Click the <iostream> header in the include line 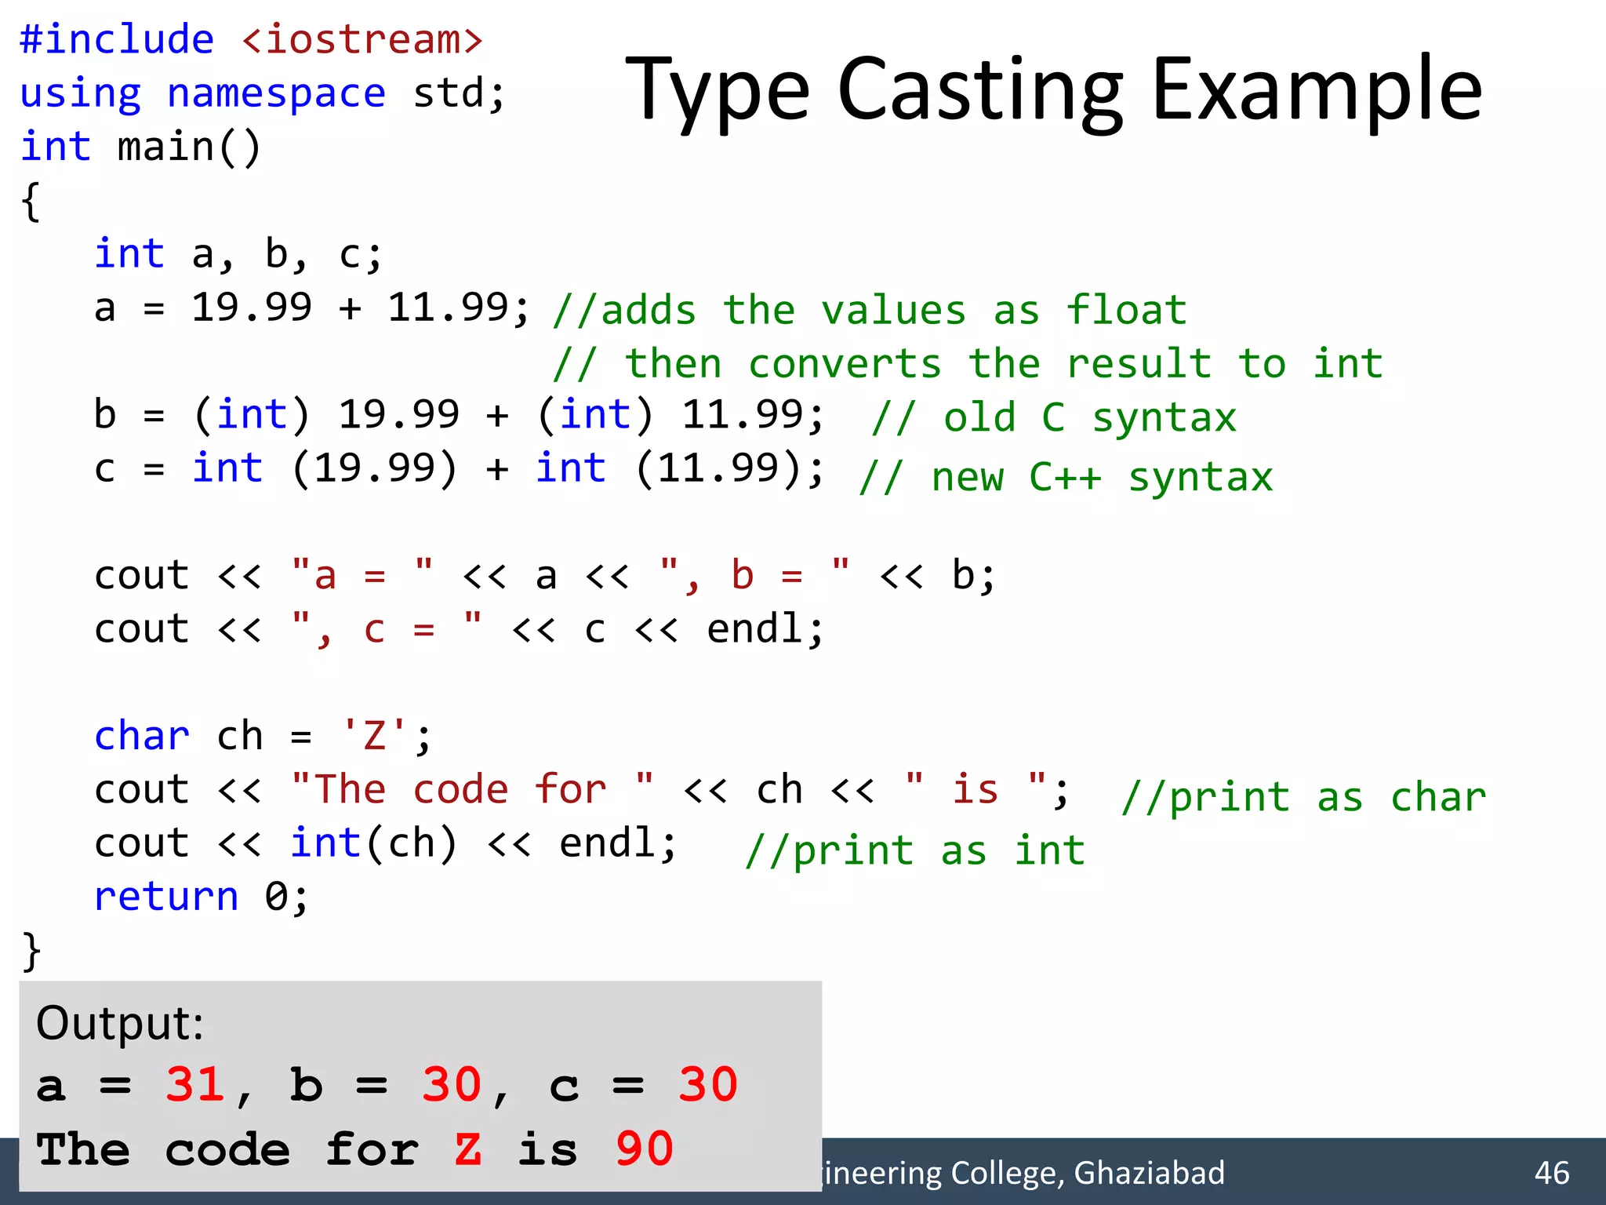(x=362, y=39)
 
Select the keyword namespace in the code (x=276, y=93)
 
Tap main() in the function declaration (x=188, y=147)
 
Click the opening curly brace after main (x=31, y=202)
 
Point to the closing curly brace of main (x=31, y=951)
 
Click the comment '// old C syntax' (x=1053, y=417)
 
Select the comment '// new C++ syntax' (x=1065, y=476)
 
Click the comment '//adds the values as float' (x=869, y=310)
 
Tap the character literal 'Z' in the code (x=375, y=737)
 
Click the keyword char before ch (x=141, y=737)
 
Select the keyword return (x=165, y=897)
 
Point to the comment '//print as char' (x=1303, y=797)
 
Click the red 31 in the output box (x=194, y=1085)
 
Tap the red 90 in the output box (x=644, y=1149)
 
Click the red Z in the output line (x=467, y=1149)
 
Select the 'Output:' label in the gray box (x=119, y=1023)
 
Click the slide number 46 (x=1551, y=1173)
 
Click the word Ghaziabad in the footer (x=1149, y=1173)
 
